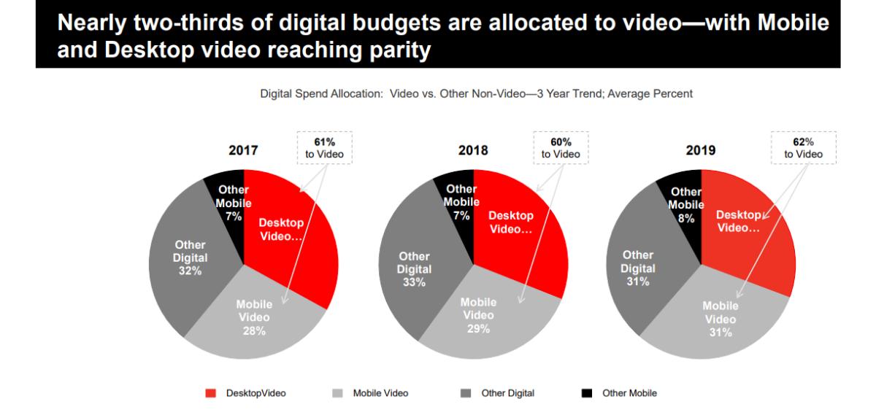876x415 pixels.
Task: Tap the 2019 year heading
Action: point(701,150)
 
